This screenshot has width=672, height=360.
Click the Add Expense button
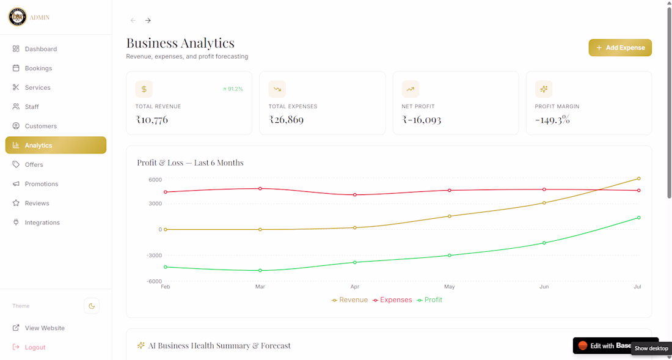pos(619,48)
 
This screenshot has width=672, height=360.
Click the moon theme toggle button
pos(91,306)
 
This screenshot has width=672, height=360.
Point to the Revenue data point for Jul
pos(638,178)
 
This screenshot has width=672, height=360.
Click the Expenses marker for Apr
pos(354,195)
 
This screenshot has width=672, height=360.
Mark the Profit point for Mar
pos(260,270)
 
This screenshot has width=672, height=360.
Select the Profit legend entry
pos(429,300)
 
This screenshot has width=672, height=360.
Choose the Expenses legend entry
pos(392,300)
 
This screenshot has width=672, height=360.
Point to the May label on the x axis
pos(449,287)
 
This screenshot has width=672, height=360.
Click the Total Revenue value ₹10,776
pos(152,120)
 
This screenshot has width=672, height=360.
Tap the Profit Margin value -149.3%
pos(552,120)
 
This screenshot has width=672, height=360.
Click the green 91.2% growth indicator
pos(233,89)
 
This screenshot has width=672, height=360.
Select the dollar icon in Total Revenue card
pos(144,89)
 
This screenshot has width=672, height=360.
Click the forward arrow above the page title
pos(148,20)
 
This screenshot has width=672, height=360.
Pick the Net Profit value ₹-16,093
pos(422,120)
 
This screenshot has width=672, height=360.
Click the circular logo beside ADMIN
pos(18,17)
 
